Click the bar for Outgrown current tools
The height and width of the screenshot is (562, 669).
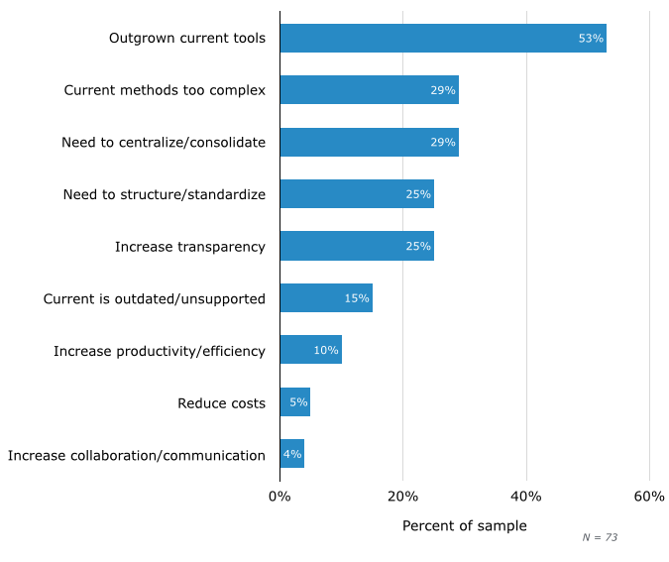point(442,39)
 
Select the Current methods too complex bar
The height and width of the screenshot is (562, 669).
point(369,90)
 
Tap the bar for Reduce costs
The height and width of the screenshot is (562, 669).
point(294,403)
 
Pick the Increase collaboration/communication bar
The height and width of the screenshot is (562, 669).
point(291,454)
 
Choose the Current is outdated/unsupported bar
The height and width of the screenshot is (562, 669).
point(325,298)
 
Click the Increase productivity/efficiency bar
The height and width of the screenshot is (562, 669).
point(310,350)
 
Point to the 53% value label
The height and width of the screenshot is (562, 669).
point(591,39)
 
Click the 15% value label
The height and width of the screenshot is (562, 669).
point(357,298)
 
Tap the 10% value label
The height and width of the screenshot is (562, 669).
point(326,350)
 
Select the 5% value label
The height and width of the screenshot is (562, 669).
point(298,403)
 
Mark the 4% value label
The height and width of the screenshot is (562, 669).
point(292,454)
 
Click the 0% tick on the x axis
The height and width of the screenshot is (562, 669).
point(279,496)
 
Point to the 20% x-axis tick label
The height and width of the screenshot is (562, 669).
point(402,496)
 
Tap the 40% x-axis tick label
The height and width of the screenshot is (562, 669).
point(526,496)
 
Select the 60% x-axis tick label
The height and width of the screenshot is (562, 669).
point(649,496)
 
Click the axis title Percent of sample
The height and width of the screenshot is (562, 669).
point(464,526)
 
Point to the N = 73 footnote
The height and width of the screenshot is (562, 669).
point(600,537)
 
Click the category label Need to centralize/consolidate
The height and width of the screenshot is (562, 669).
point(164,143)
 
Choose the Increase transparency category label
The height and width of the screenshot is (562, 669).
point(190,247)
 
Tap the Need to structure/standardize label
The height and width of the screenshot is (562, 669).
point(165,194)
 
